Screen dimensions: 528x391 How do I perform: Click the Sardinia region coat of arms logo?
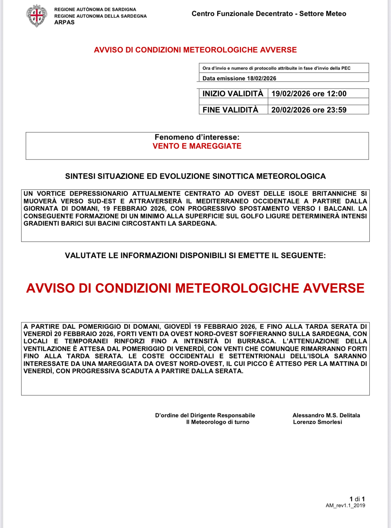(36, 16)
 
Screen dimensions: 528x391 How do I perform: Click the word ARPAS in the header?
(64, 23)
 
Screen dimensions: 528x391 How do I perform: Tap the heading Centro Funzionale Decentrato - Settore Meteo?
(269, 14)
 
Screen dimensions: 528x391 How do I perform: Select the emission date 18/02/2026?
(262, 78)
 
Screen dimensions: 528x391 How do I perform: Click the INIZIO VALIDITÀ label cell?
(233, 94)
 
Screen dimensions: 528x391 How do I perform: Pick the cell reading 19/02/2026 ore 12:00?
(309, 94)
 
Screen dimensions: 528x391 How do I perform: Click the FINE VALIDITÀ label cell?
(230, 110)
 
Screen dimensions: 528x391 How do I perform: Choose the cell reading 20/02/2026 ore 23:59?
(309, 110)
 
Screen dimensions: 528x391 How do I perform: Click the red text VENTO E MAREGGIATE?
(197, 146)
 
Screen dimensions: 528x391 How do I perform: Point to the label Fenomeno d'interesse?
(197, 137)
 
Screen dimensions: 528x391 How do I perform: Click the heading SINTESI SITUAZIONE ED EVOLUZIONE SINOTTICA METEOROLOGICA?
(195, 176)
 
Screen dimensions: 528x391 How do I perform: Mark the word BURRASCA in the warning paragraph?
(256, 341)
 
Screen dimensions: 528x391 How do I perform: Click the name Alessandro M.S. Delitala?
(326, 415)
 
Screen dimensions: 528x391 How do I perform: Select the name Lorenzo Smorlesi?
(317, 422)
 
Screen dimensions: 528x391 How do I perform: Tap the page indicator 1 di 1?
(357, 499)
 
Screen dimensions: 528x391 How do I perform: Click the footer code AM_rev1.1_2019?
(345, 505)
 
